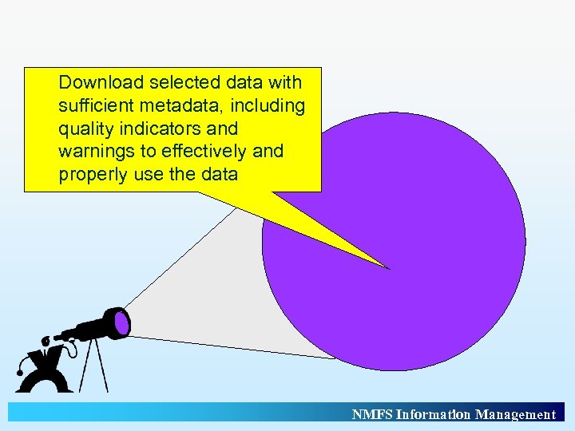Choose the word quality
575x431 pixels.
pos(82,129)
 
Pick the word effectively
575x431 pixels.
pos(203,152)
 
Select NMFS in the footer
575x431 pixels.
pos(372,414)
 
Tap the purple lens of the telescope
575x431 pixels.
pos(121,322)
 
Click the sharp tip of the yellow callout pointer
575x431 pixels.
pos(389,268)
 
